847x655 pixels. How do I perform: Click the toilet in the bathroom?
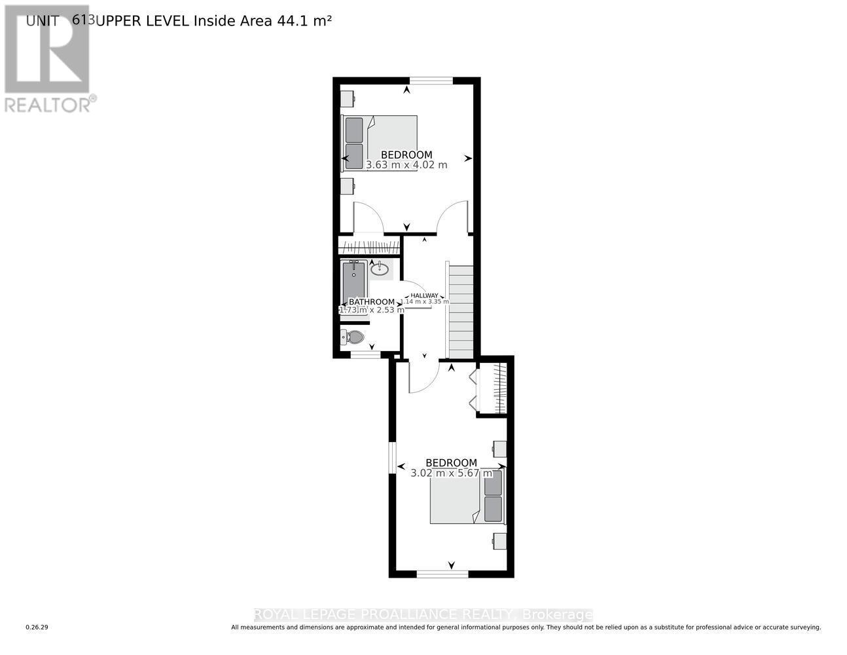click(x=353, y=337)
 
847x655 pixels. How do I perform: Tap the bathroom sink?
click(x=380, y=269)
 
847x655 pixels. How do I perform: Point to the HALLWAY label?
click(x=424, y=295)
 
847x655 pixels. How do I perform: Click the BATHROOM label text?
click(x=371, y=302)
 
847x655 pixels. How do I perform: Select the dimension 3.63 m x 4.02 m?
click(x=406, y=165)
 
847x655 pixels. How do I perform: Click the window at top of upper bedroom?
click(x=431, y=81)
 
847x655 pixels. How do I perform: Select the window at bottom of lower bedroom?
click(x=442, y=574)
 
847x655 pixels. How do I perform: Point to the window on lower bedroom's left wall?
click(x=392, y=457)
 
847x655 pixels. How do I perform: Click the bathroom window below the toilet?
click(x=365, y=355)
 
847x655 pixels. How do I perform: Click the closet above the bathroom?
click(x=369, y=247)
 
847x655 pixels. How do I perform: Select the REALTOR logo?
click(x=48, y=59)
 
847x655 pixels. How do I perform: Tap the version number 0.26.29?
click(x=37, y=627)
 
